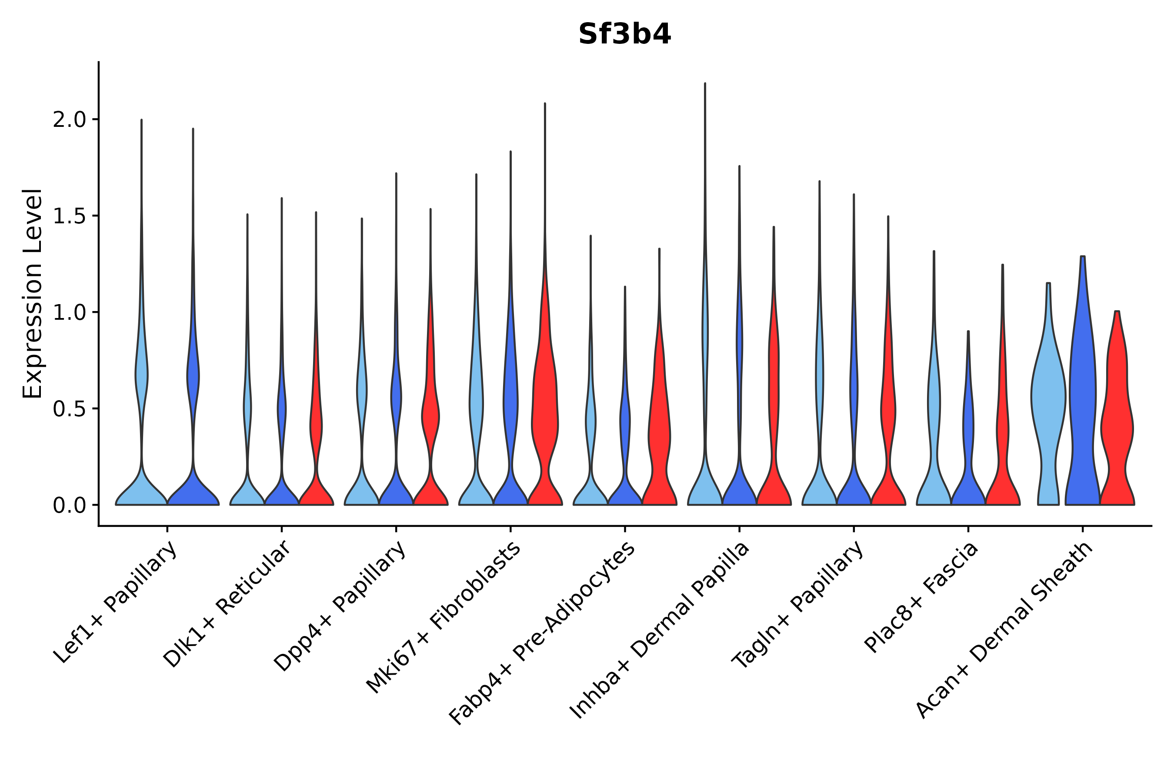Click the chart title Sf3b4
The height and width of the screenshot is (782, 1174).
[625, 34]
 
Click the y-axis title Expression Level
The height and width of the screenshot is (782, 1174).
[33, 294]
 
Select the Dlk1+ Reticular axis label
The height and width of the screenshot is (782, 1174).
[226, 604]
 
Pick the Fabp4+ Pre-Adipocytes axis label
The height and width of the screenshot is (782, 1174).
[542, 633]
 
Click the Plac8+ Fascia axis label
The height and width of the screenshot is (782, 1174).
[921, 597]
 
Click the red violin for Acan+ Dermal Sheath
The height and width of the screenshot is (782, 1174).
[1117, 408]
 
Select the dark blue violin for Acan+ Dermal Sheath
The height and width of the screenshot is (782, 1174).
[1083, 381]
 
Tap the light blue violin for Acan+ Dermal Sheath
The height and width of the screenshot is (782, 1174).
[1048, 394]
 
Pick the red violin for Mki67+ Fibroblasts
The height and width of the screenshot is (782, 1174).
[545, 304]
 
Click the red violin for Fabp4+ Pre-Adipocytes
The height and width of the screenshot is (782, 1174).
[659, 377]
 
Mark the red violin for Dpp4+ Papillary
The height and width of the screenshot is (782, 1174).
[431, 357]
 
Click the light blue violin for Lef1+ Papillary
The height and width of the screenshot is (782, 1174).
[141, 312]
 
